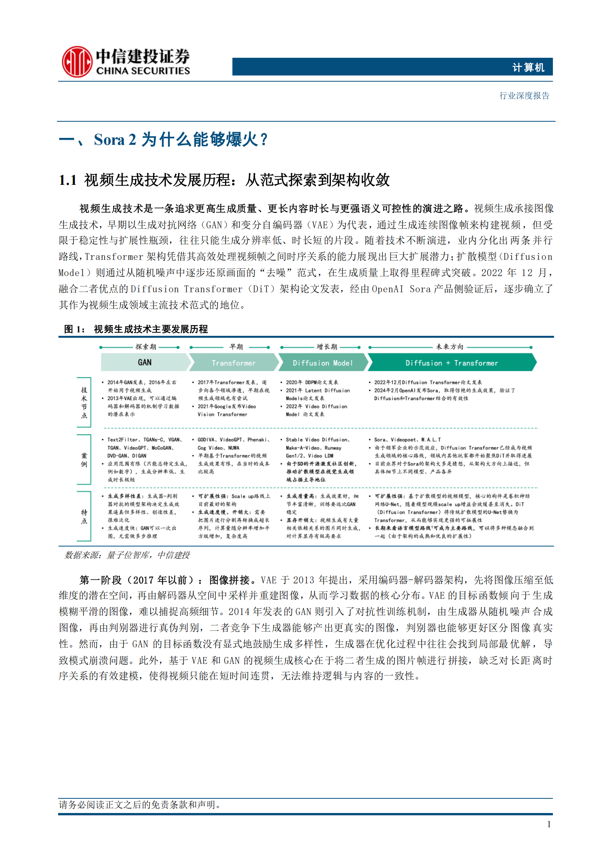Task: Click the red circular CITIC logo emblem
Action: point(77,62)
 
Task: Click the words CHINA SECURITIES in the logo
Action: point(143,71)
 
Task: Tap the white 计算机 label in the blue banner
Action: point(528,68)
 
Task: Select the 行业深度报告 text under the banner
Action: point(524,96)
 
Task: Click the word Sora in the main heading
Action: point(109,139)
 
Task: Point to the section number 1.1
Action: point(68,180)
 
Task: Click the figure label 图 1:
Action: point(74,329)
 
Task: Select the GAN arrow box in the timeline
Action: point(145,362)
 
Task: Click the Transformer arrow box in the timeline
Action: point(234,363)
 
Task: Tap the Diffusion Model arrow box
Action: point(322,363)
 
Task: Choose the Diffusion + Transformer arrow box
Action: point(451,363)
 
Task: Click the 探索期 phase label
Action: point(146,347)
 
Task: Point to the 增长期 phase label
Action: point(327,347)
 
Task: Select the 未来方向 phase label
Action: point(449,347)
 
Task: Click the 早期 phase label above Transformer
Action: point(236,347)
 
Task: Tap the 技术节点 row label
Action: point(84,402)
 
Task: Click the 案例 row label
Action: point(84,460)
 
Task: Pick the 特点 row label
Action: point(84,516)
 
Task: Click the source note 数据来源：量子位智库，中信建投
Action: point(127,555)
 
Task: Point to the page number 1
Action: point(549,825)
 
